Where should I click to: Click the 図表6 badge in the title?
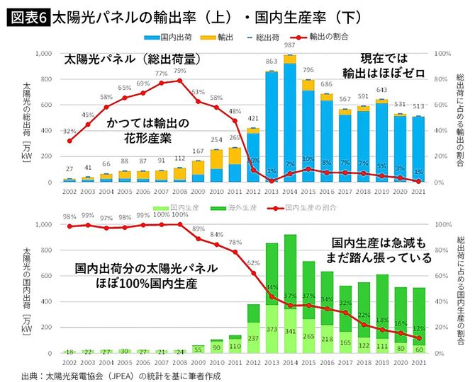tap(28, 15)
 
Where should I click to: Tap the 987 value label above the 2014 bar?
tap(289, 45)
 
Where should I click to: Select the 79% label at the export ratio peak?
tap(180, 71)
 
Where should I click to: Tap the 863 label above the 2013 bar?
tap(271, 62)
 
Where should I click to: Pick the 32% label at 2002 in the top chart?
tap(69, 132)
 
